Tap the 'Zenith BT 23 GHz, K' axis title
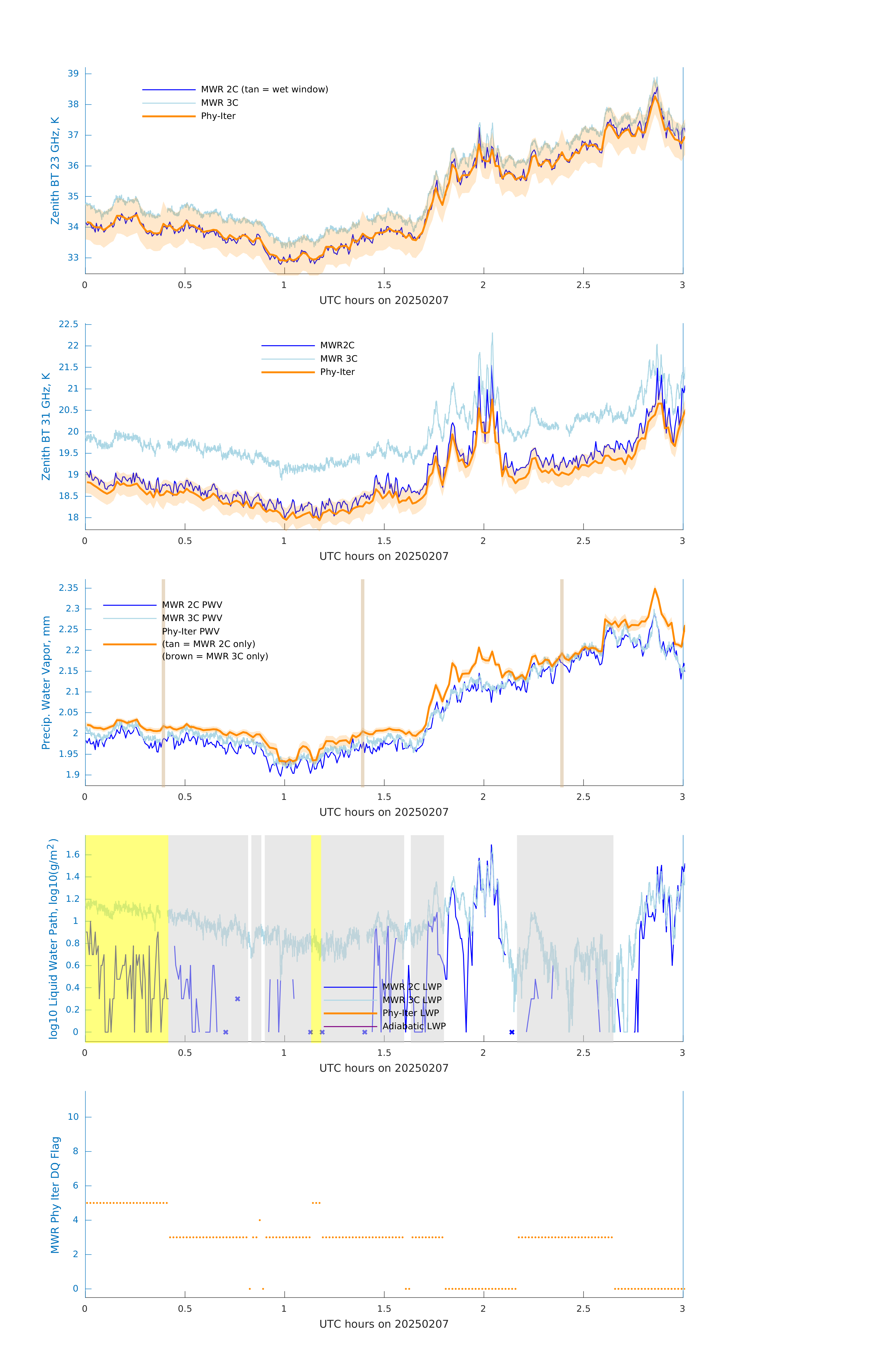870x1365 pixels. coord(55,171)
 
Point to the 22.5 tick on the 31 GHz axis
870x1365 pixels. coord(69,324)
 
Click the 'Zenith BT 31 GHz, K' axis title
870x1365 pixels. coord(46,426)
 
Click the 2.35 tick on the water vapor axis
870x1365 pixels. coord(69,588)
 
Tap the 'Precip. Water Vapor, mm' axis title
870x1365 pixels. coord(46,682)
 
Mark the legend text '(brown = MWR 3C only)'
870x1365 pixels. coord(215,656)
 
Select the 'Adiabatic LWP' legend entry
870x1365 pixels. coord(414,1026)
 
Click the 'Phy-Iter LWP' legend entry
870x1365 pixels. coord(410,1013)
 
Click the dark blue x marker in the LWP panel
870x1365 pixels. coord(512,1032)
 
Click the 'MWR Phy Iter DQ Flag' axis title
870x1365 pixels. coord(55,1195)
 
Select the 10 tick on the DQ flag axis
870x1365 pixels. coord(73,1117)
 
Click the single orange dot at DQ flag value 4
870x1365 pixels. coord(260,1220)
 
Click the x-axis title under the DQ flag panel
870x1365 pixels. coord(384,1324)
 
